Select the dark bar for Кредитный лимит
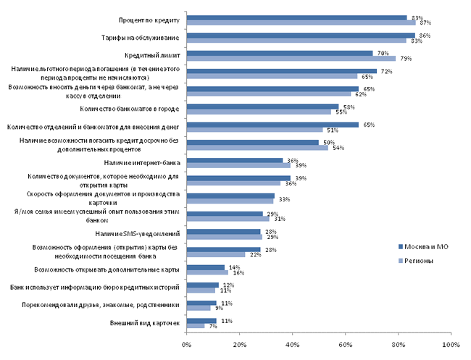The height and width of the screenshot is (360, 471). tap(280, 53)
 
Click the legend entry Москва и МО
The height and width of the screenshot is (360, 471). tap(423, 247)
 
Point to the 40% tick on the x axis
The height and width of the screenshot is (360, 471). tap(293, 343)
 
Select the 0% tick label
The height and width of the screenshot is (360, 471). tap(187, 343)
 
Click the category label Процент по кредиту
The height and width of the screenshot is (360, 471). tap(149, 20)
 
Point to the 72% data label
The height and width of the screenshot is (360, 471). tap(386, 71)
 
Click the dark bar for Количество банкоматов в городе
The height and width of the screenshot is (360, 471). tap(263, 106)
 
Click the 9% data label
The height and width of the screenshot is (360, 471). tap(218, 308)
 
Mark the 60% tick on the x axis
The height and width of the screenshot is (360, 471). tap(346, 343)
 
